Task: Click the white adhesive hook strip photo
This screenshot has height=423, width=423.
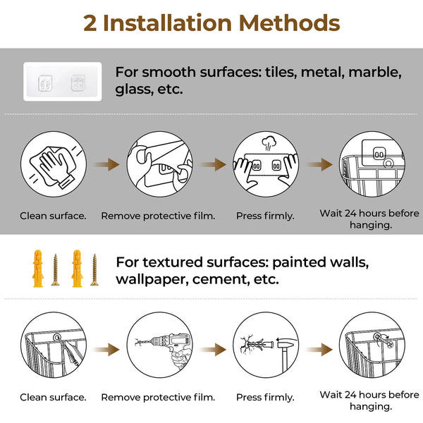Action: [62, 82]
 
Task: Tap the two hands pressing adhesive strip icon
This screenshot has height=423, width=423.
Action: [265, 164]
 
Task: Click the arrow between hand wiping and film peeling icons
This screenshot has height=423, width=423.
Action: [106, 164]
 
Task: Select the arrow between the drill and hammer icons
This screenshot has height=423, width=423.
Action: [212, 350]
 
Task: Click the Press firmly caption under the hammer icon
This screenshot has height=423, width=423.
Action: [265, 397]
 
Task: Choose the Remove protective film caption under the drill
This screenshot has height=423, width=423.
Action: [159, 397]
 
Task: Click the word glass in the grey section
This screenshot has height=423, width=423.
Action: [133, 90]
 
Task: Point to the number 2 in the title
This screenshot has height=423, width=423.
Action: [90, 23]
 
